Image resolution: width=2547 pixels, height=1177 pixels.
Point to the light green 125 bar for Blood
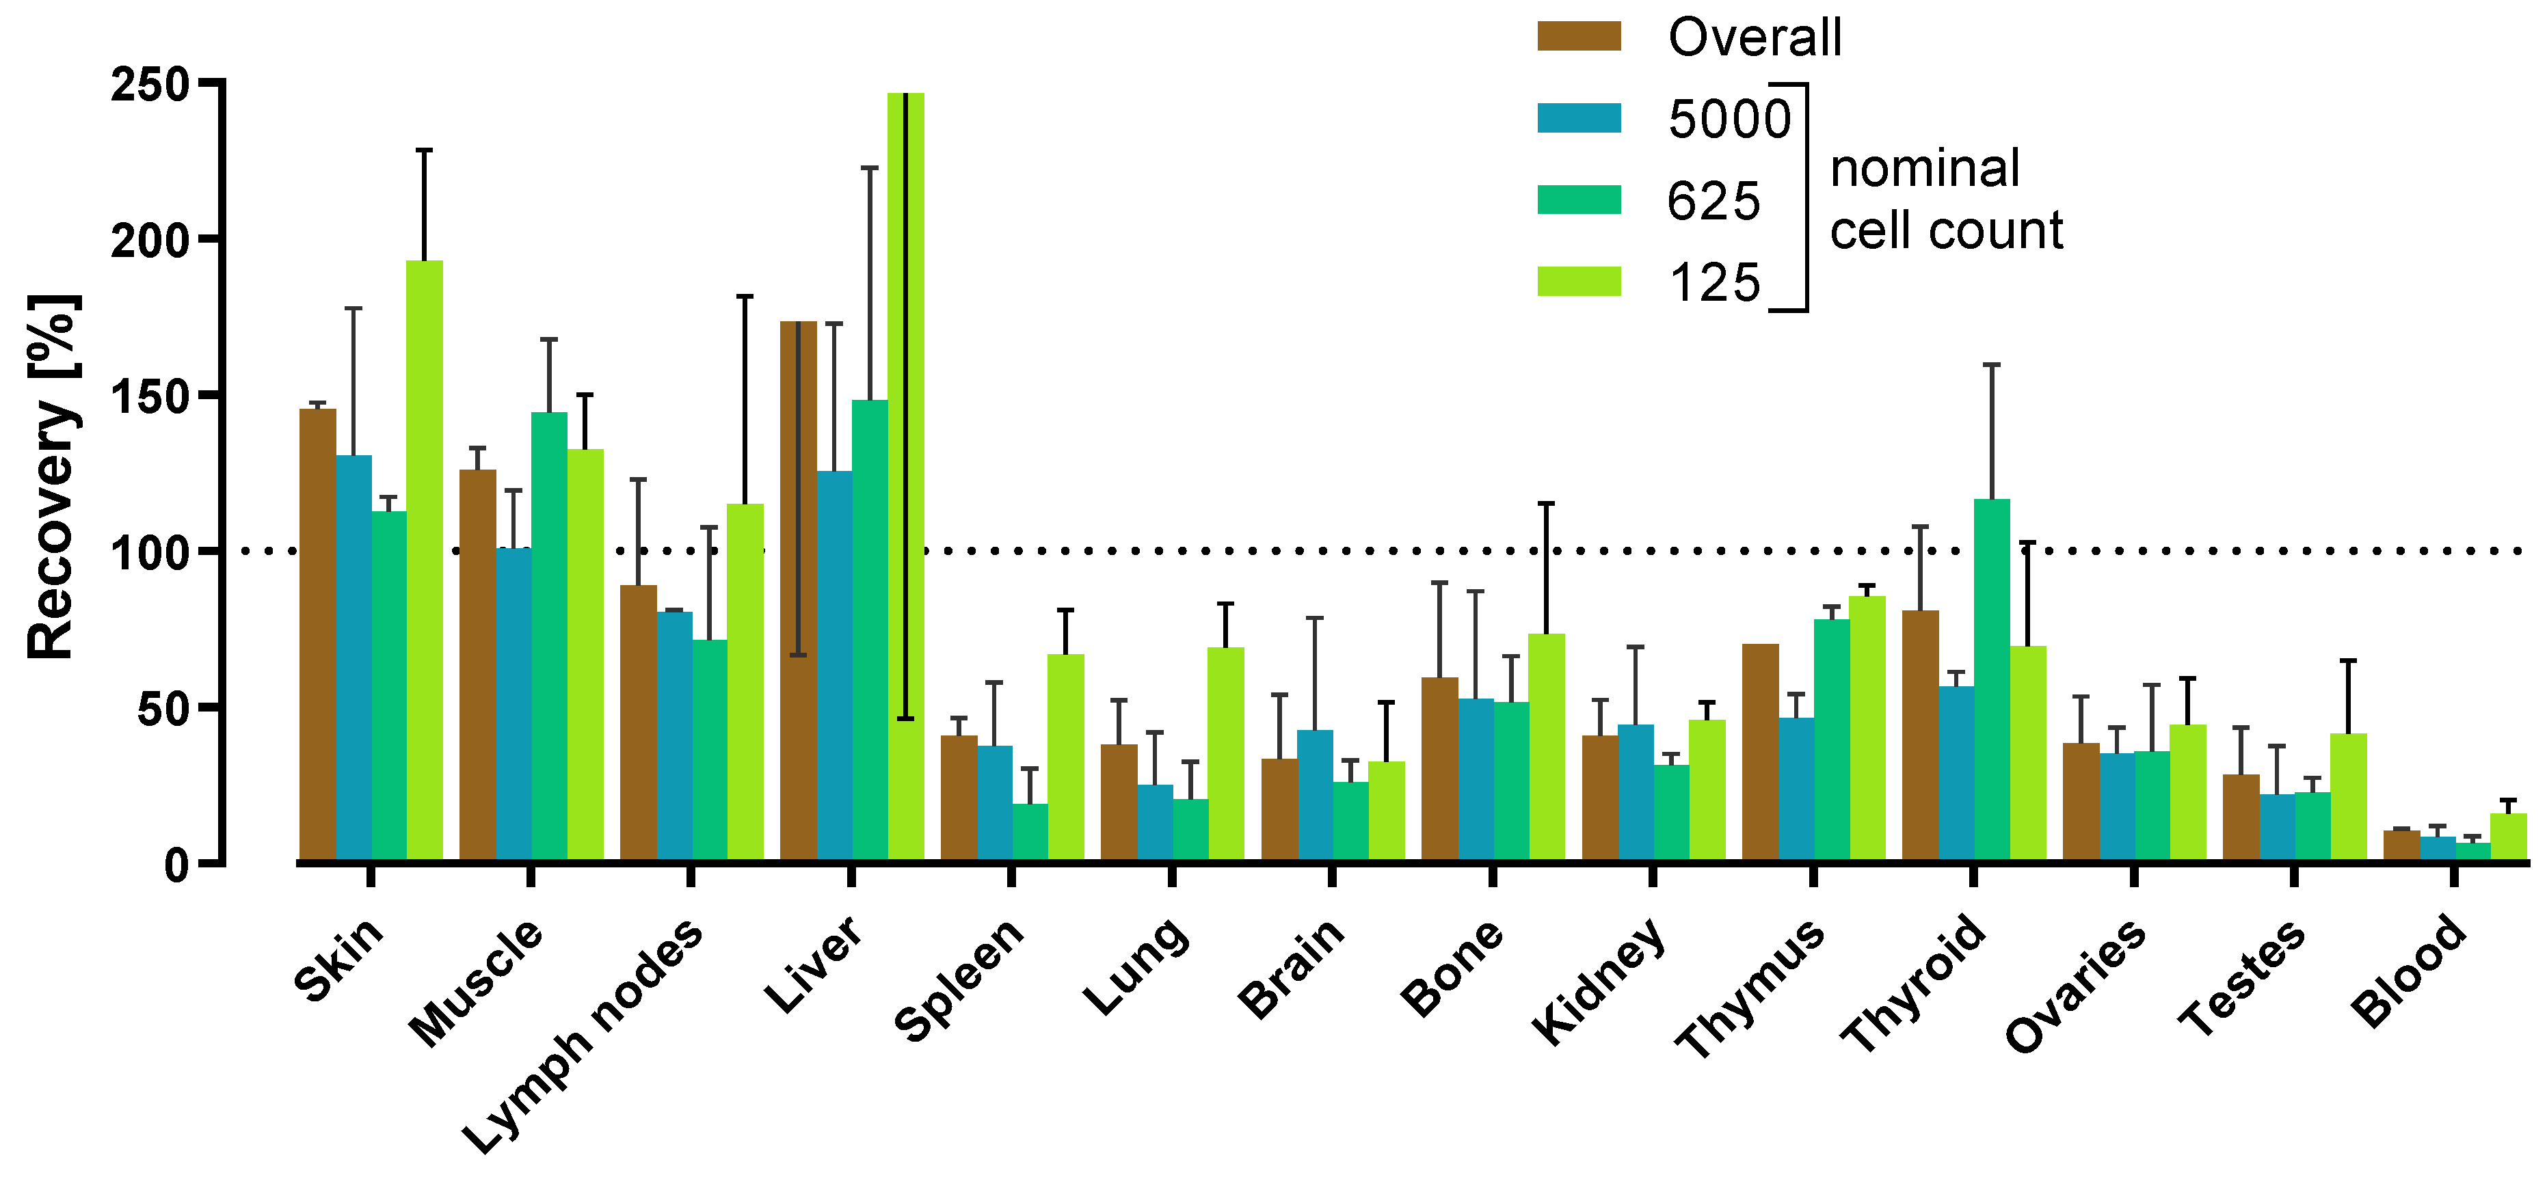[x=2507, y=837]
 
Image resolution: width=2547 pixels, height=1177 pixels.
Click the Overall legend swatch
[x=1579, y=36]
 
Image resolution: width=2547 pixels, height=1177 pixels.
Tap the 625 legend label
[x=1713, y=201]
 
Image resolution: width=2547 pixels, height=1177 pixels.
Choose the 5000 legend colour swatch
[x=1579, y=118]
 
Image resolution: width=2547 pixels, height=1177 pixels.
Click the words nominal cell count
[x=1945, y=199]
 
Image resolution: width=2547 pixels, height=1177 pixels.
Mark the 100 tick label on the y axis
[x=148, y=552]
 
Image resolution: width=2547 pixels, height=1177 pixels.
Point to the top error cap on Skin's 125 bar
[x=424, y=150]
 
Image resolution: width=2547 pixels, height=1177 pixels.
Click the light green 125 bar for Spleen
[x=1066, y=757]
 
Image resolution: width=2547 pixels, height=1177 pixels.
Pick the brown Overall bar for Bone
[x=1439, y=769]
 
